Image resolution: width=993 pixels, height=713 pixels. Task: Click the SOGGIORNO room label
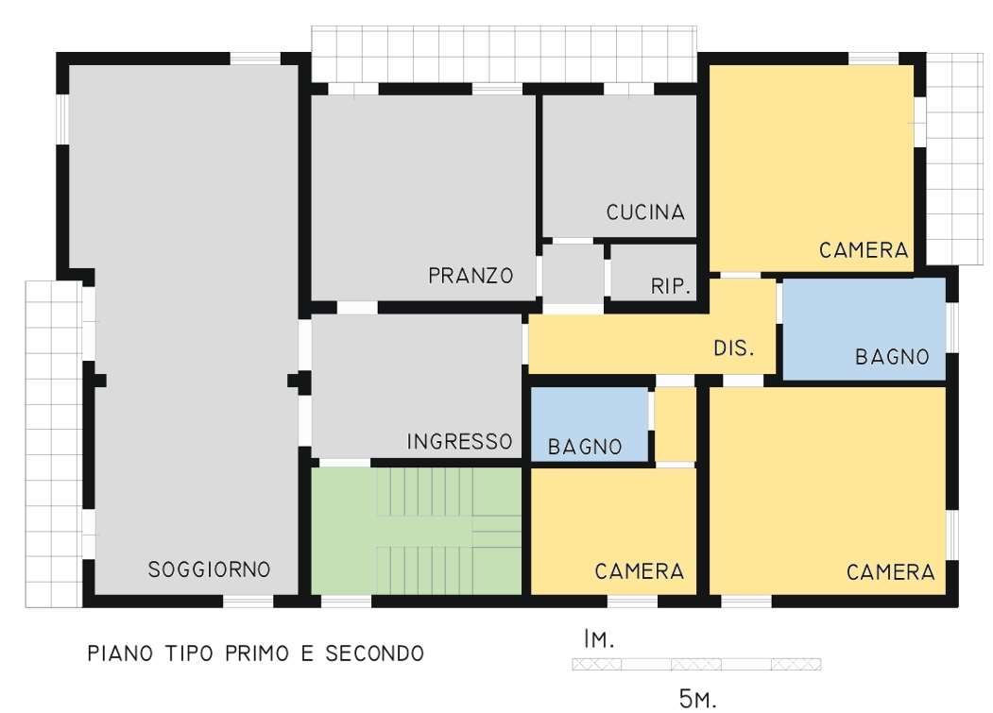coord(209,569)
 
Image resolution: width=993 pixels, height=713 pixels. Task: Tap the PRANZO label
coord(471,276)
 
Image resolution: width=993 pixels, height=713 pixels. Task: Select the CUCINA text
coord(645,212)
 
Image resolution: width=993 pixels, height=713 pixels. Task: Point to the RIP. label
coord(671,286)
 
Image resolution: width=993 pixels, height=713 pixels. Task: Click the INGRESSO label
coord(459,441)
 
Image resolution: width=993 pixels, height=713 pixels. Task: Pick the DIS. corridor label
coord(734,348)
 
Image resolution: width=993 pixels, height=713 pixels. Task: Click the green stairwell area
coord(416,531)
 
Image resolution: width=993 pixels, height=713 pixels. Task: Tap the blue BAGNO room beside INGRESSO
coord(589,424)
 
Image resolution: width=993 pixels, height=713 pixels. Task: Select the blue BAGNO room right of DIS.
coord(864,329)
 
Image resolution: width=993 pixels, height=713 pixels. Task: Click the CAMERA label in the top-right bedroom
coord(864,250)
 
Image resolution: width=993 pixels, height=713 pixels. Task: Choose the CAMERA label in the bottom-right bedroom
coord(890,572)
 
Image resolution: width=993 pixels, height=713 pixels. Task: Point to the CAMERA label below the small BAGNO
coord(639,571)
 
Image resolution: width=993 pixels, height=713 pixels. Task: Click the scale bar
coord(696,664)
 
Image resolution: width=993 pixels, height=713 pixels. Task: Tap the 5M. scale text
coord(697,699)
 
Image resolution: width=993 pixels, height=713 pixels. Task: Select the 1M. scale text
coord(598,639)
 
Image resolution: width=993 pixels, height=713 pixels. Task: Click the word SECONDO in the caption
coord(374,653)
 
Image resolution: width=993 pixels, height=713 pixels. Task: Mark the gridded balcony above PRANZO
coord(505,55)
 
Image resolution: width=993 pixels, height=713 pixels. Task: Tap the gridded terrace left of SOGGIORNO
coord(54,444)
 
